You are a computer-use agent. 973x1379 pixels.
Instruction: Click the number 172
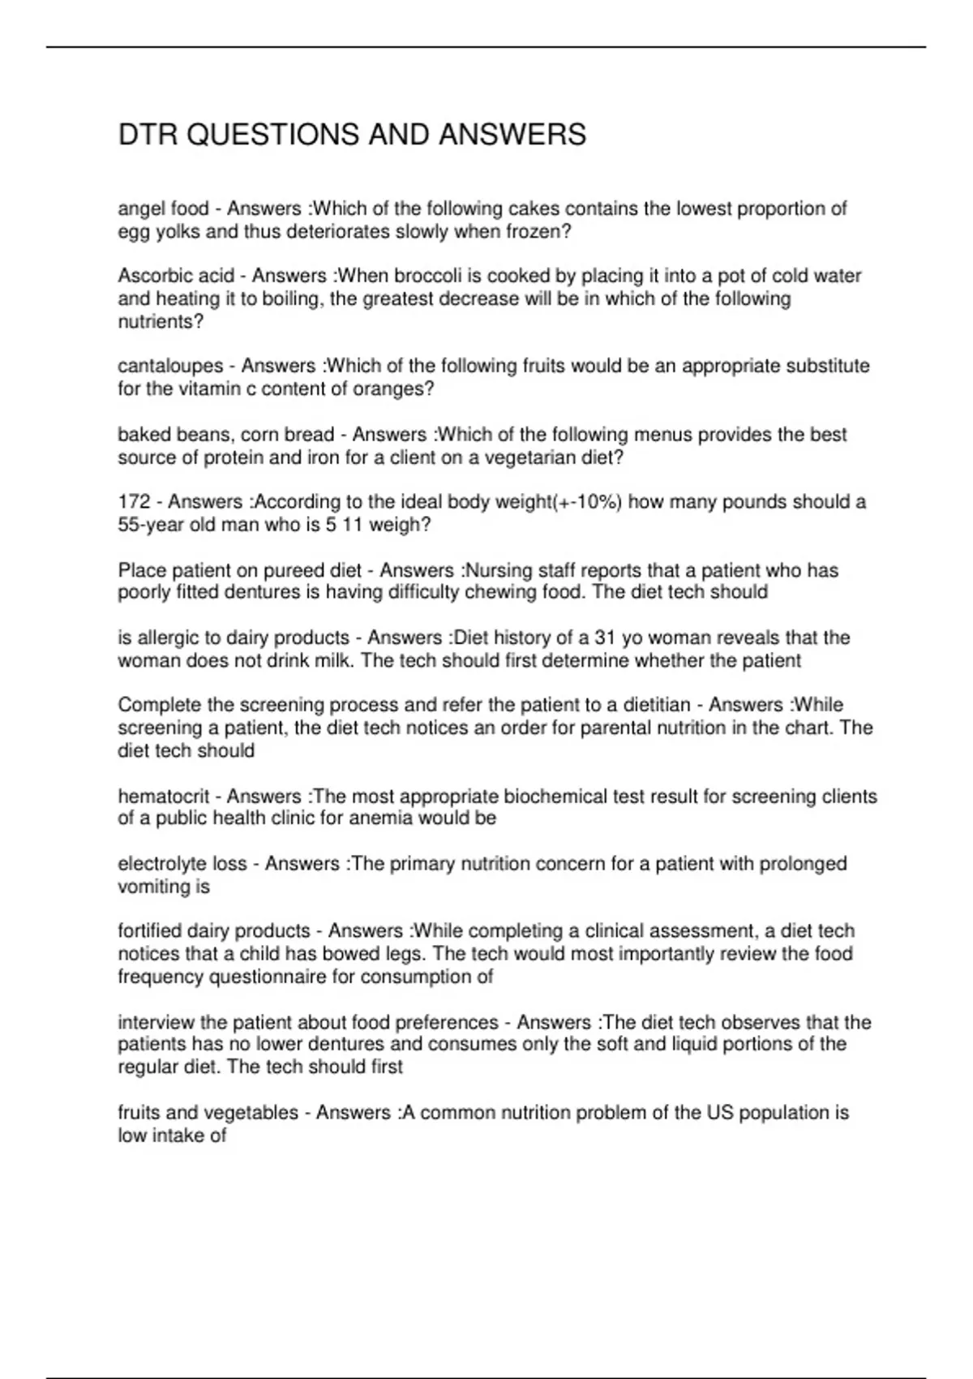pos(134,502)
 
